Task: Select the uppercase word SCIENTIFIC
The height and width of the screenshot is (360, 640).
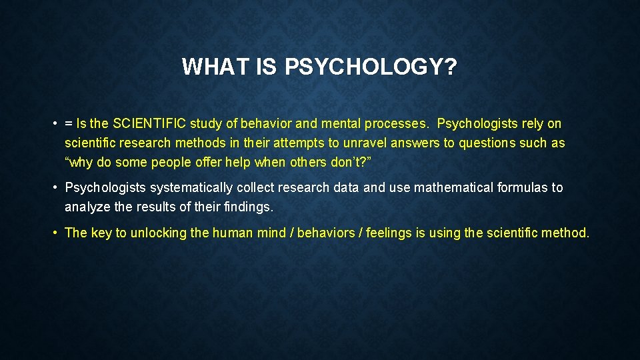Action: point(149,123)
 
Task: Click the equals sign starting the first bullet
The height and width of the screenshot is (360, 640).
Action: point(69,123)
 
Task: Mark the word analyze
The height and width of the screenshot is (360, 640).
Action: point(87,207)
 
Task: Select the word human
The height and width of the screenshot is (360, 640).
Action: point(231,233)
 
